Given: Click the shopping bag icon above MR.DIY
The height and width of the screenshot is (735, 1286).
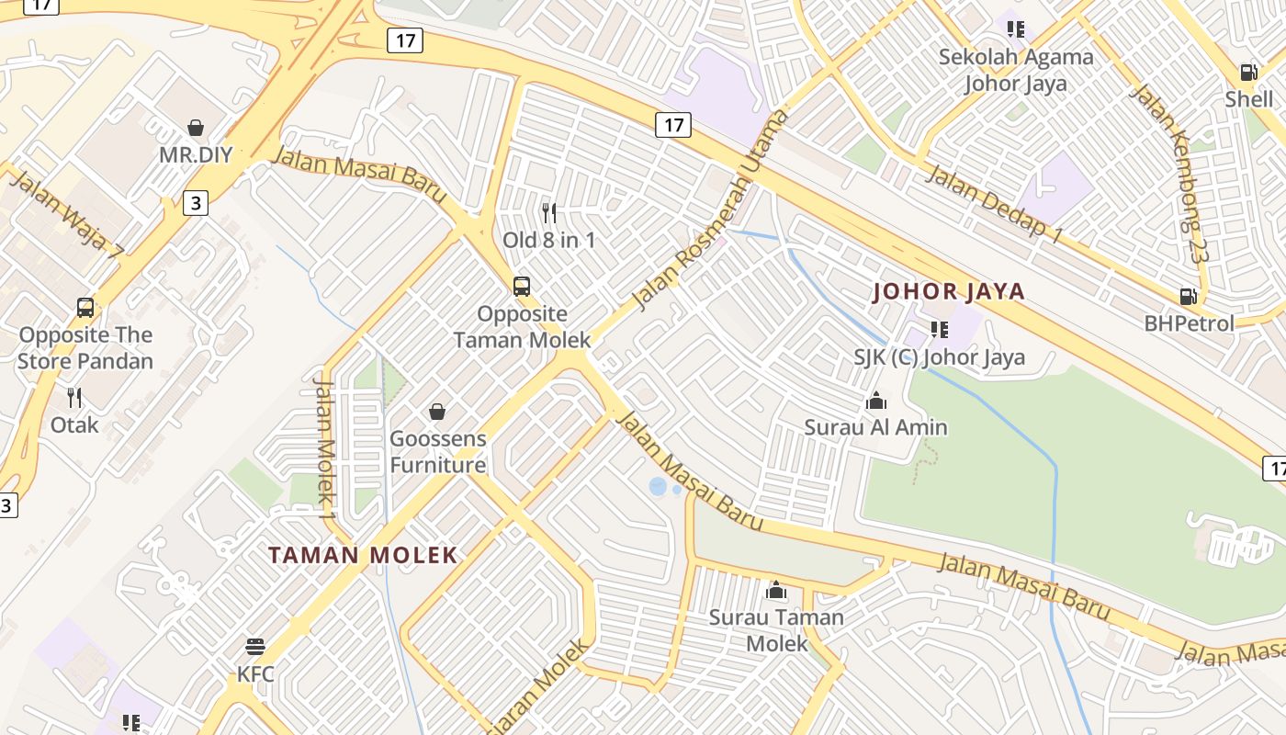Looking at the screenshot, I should (x=195, y=127).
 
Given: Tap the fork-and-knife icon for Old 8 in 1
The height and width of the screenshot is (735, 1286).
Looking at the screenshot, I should (x=549, y=213).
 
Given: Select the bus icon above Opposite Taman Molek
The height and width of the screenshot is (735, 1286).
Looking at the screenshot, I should (x=522, y=286).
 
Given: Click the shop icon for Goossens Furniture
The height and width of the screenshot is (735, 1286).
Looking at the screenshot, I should (x=437, y=411).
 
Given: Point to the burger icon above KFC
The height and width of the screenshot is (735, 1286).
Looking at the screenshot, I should (x=255, y=647).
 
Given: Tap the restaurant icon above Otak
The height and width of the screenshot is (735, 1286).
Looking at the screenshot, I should (x=74, y=398).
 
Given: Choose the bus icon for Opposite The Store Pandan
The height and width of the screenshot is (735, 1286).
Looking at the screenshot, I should (x=85, y=308).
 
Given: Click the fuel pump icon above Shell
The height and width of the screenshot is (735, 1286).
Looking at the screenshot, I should (x=1248, y=72).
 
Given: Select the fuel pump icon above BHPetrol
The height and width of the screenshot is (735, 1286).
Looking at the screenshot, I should (x=1188, y=297).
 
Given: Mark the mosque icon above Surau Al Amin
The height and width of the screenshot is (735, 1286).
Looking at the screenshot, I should (x=876, y=401).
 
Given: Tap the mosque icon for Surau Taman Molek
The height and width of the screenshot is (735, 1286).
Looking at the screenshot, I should (x=776, y=590).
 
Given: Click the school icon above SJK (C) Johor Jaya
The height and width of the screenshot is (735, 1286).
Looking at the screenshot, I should (x=939, y=329).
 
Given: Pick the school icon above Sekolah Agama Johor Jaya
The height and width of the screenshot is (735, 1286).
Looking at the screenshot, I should (x=1015, y=29).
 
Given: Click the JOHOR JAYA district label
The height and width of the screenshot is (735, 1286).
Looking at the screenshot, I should (x=949, y=292).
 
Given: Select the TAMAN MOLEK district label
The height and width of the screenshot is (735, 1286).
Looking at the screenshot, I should (x=363, y=555).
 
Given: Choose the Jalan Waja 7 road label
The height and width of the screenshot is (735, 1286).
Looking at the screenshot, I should (x=66, y=213).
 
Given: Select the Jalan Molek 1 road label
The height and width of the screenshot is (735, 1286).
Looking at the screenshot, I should (x=325, y=441).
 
